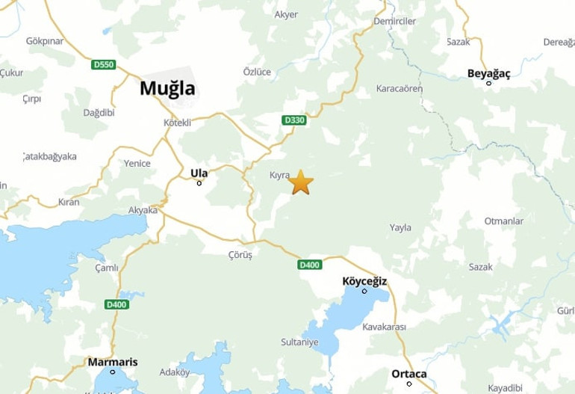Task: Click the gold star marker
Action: (x=300, y=182)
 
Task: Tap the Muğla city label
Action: (x=167, y=88)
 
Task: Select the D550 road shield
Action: (x=104, y=65)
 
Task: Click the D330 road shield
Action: (x=295, y=120)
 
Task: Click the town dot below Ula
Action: (x=199, y=183)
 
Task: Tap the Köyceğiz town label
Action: (x=364, y=280)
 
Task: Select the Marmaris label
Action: (x=113, y=362)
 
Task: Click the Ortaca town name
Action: (x=409, y=374)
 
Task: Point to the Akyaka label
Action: (x=143, y=210)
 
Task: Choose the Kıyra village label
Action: (x=279, y=175)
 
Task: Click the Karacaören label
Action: (x=400, y=88)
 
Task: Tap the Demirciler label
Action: (x=395, y=21)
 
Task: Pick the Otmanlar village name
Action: (x=503, y=221)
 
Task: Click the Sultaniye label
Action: (x=299, y=342)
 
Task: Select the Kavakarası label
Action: (x=384, y=327)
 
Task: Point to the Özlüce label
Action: (x=258, y=72)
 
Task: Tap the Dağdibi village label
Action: (x=99, y=112)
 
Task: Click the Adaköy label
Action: (x=175, y=372)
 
